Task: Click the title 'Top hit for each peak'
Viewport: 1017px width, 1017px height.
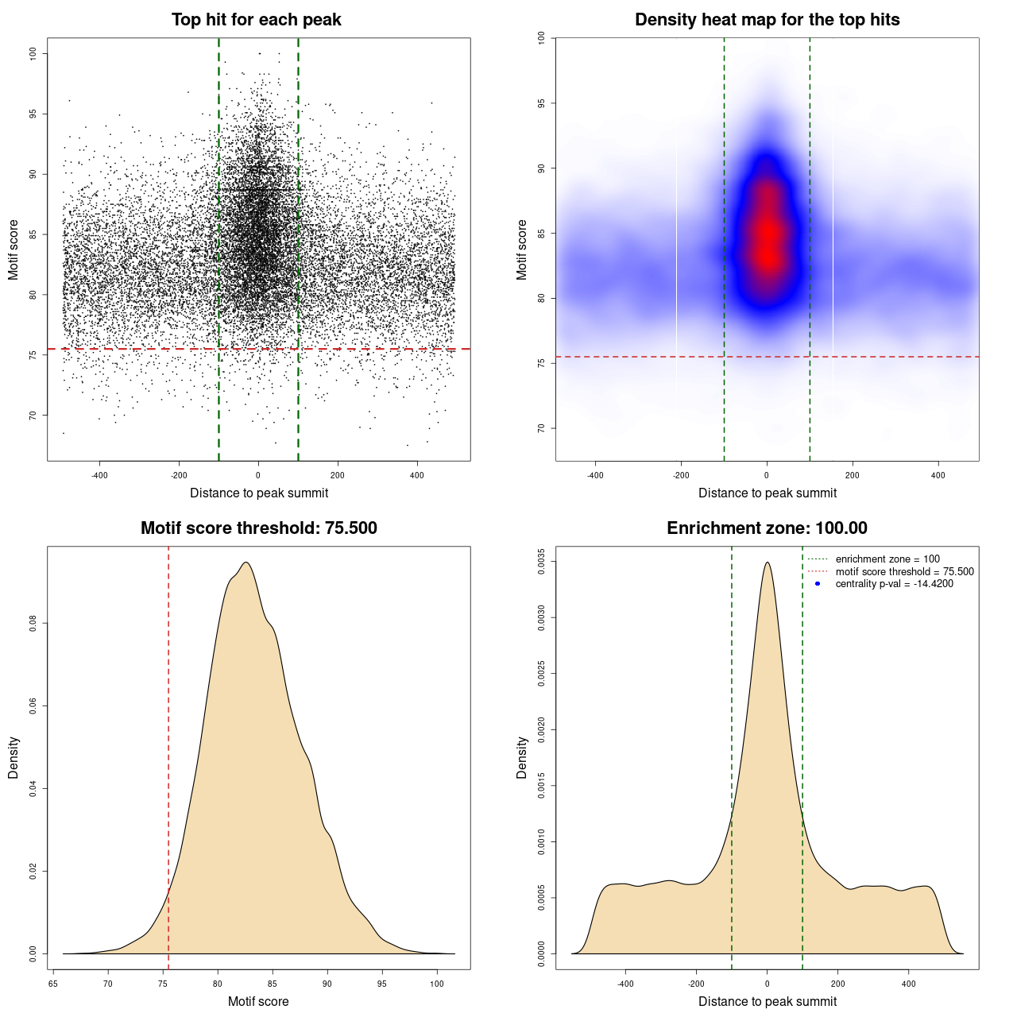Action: (x=256, y=20)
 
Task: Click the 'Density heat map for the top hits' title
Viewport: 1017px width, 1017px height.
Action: (x=767, y=20)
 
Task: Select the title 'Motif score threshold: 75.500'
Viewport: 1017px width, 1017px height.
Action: (x=258, y=528)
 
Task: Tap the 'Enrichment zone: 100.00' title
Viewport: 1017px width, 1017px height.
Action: (x=767, y=528)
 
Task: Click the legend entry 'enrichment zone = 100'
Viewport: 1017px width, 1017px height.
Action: (x=887, y=559)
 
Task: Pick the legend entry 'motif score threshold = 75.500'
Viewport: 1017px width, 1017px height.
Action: (x=904, y=572)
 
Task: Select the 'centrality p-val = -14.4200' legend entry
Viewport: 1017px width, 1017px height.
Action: (x=894, y=584)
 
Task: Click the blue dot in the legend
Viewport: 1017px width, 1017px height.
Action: (x=818, y=584)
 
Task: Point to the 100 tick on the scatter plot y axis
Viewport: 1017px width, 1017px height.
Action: (x=33, y=53)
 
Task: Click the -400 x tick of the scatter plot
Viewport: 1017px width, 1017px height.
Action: (x=99, y=475)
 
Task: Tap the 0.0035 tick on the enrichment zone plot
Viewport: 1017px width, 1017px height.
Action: (x=541, y=561)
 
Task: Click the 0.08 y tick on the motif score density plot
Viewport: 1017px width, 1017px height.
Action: (x=33, y=624)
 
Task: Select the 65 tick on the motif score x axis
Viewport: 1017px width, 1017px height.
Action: (x=53, y=984)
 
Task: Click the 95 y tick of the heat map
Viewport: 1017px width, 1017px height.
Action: (x=541, y=103)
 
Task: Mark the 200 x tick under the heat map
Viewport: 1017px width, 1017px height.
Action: (x=853, y=475)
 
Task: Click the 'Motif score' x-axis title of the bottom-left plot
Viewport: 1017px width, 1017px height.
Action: (x=258, y=1001)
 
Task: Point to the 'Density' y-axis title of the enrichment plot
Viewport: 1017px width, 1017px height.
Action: (x=522, y=757)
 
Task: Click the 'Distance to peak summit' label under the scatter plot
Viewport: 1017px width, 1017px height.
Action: (x=259, y=493)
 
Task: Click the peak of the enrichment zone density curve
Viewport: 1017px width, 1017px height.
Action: (x=767, y=563)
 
